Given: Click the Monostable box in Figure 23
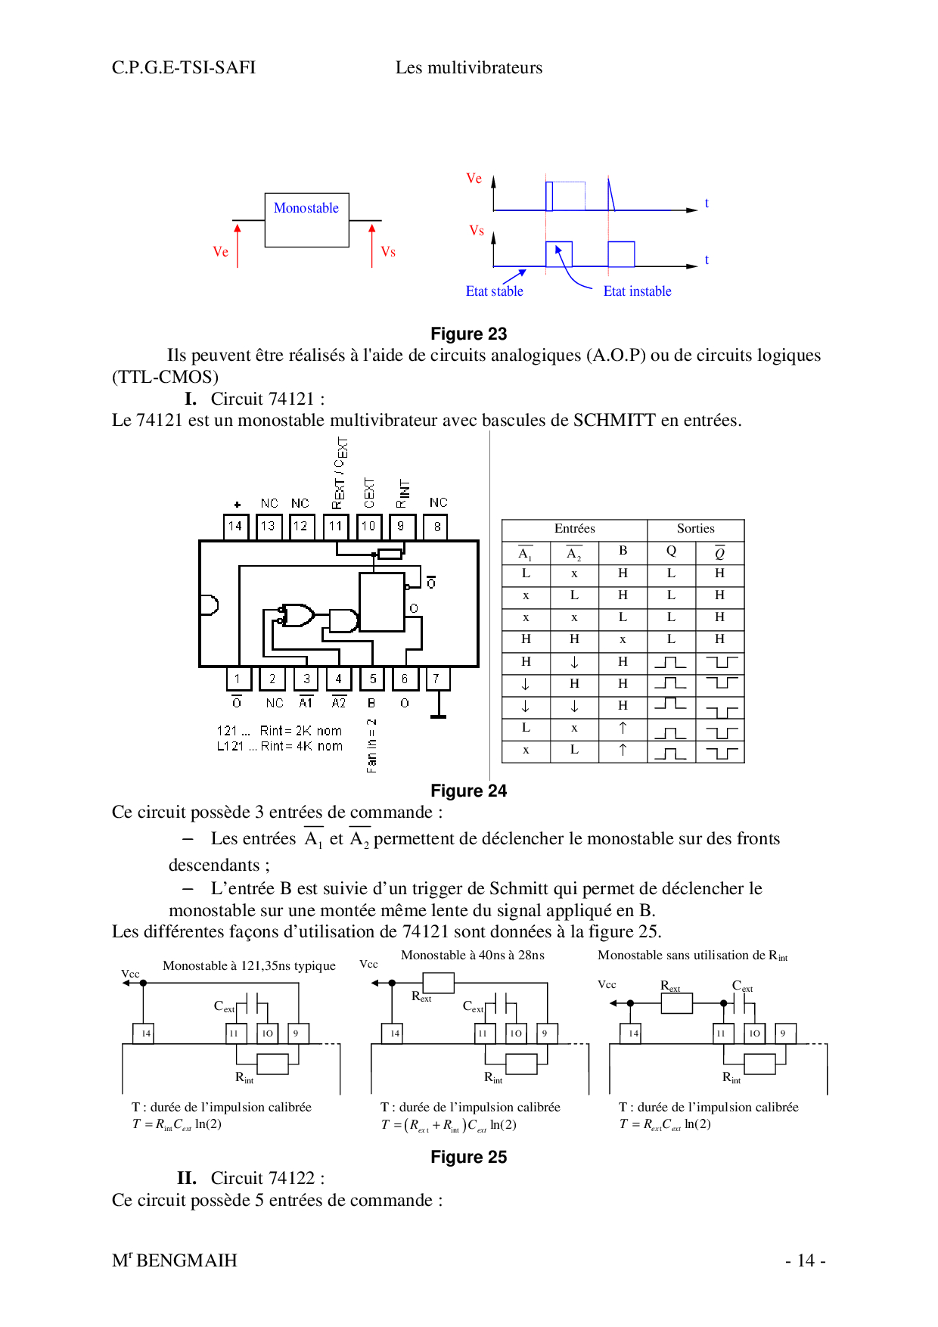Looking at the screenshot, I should (x=306, y=219).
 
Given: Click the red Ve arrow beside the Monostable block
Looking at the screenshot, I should (x=238, y=245).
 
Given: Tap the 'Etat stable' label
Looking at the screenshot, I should (x=494, y=291).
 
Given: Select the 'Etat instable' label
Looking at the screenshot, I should (x=637, y=291).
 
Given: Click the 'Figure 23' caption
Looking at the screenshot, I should (x=468, y=334).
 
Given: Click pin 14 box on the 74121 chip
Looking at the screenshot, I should (x=235, y=527).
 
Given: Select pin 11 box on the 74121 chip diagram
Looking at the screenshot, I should (x=335, y=527).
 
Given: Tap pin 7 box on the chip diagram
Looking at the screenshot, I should (x=436, y=679).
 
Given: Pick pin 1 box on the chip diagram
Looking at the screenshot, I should (x=238, y=679).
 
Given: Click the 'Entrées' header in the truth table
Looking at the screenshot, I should (x=574, y=529).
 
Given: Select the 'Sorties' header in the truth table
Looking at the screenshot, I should (x=695, y=529).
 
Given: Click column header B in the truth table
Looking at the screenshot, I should (x=623, y=551).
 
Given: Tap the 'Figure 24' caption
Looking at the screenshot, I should (x=468, y=791).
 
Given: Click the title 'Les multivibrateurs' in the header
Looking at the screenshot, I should (x=468, y=67).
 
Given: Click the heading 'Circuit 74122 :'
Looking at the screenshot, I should (x=267, y=1178).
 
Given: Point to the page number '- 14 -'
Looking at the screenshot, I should (x=805, y=1260).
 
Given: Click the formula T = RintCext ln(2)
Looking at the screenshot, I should (x=177, y=1124).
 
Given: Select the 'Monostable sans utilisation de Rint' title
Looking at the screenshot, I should (x=692, y=956).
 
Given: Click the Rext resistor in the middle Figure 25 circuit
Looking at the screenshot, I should (x=438, y=983).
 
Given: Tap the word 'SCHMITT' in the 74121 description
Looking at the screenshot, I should (x=613, y=420).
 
